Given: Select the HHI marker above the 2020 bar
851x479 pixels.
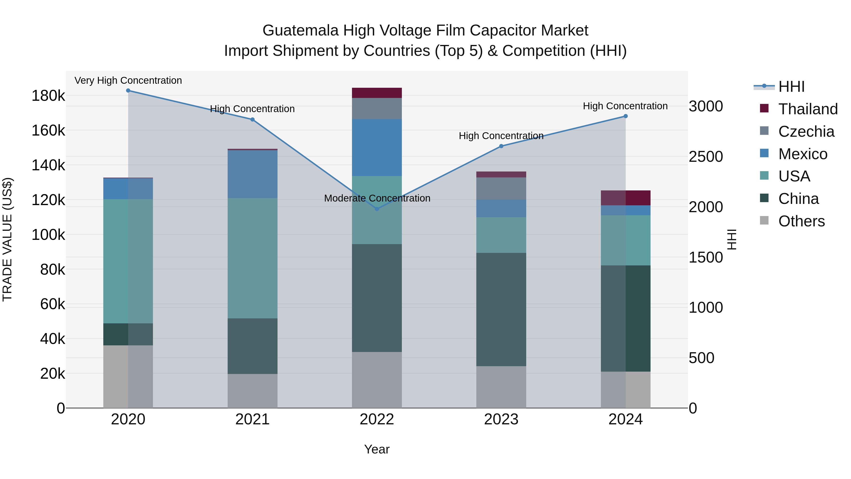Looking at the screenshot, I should (128, 91).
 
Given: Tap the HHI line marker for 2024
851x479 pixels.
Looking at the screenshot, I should (625, 116).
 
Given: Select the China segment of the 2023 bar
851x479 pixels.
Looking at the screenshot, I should (501, 309).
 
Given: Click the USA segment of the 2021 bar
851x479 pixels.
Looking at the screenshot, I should (252, 258).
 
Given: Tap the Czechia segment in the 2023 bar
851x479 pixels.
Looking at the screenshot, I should (501, 189).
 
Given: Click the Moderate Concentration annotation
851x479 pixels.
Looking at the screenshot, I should (377, 198).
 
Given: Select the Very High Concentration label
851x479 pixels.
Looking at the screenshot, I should (128, 81).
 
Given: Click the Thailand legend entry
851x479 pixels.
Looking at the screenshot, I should (808, 109).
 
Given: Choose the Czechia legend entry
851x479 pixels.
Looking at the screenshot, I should (806, 132).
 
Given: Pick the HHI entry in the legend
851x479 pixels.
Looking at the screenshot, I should (791, 87).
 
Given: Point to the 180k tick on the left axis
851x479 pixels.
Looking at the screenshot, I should (48, 96).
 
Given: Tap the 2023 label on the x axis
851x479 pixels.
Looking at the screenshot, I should (501, 419).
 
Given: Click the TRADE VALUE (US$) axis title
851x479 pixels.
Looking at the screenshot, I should (7, 239).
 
